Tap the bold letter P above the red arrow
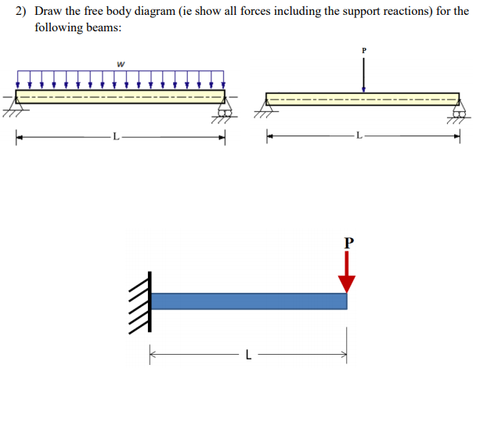pos(348,242)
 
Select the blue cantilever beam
pos(248,301)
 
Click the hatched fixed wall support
pos(140,301)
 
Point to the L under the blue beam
pos(248,356)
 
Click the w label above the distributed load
pos(120,63)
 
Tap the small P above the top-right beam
pos(363,49)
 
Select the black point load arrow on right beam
pos(363,74)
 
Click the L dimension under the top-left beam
pos(116,138)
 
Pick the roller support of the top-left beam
pos(225,110)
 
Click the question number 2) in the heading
pos(22,12)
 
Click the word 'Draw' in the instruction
pos(51,12)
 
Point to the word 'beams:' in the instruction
pos(103,27)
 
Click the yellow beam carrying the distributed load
pos(120,96)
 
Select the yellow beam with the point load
pos(363,99)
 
